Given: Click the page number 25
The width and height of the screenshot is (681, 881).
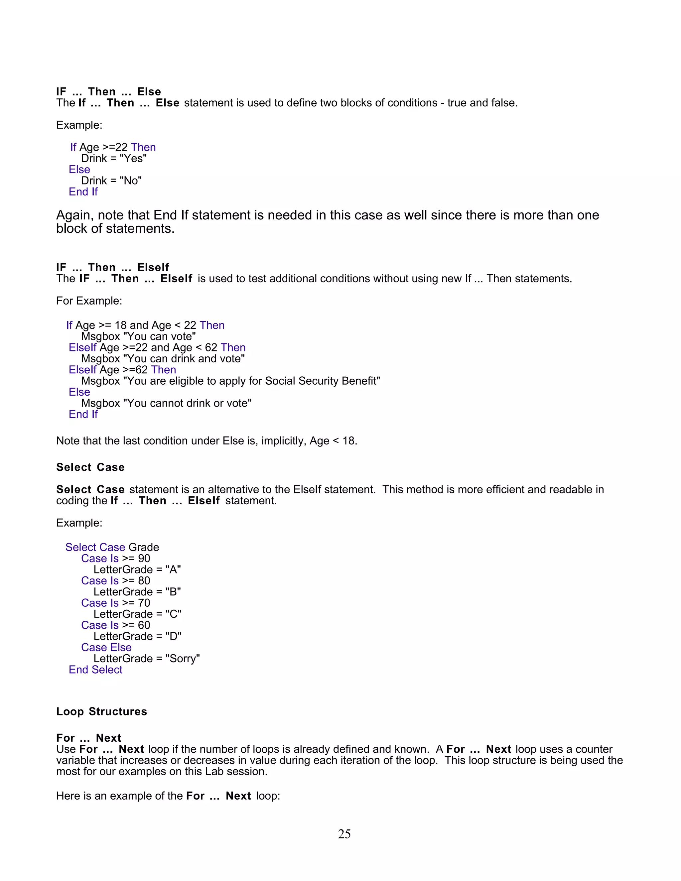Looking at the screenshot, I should pyautogui.click(x=344, y=834).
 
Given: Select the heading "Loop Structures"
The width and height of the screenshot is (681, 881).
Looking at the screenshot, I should pyautogui.click(x=102, y=711).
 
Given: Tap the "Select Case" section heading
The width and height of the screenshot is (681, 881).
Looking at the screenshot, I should pyautogui.click(x=90, y=467).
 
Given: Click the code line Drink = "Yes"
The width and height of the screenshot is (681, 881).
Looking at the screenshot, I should pyautogui.click(x=114, y=159).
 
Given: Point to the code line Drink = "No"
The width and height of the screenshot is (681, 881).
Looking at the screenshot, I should pyautogui.click(x=111, y=181).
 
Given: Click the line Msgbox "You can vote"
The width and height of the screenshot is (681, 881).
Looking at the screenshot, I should pyautogui.click(x=138, y=336).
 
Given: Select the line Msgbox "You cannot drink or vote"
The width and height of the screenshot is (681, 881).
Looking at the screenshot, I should pyautogui.click(x=166, y=403).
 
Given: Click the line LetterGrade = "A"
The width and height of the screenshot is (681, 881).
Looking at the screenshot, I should pyautogui.click(x=137, y=569).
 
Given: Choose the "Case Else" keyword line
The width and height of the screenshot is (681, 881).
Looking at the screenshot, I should pyautogui.click(x=106, y=647).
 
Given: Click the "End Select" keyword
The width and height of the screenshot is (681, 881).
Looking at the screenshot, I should pyautogui.click(x=96, y=670).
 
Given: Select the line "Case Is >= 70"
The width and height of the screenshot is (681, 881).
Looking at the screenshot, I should pyautogui.click(x=115, y=603).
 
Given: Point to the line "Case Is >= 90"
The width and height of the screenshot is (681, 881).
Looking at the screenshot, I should pyautogui.click(x=115, y=559).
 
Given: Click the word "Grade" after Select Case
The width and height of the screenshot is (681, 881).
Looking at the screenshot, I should pyautogui.click(x=144, y=548).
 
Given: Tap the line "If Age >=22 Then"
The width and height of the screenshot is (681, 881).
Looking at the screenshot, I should pyautogui.click(x=113, y=147).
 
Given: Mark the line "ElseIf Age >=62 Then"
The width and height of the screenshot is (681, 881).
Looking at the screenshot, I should pyautogui.click(x=122, y=370).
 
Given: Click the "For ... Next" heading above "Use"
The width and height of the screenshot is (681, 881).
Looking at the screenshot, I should pyautogui.click(x=89, y=738).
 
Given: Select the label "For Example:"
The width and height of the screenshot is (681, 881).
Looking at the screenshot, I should pyautogui.click(x=89, y=301).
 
